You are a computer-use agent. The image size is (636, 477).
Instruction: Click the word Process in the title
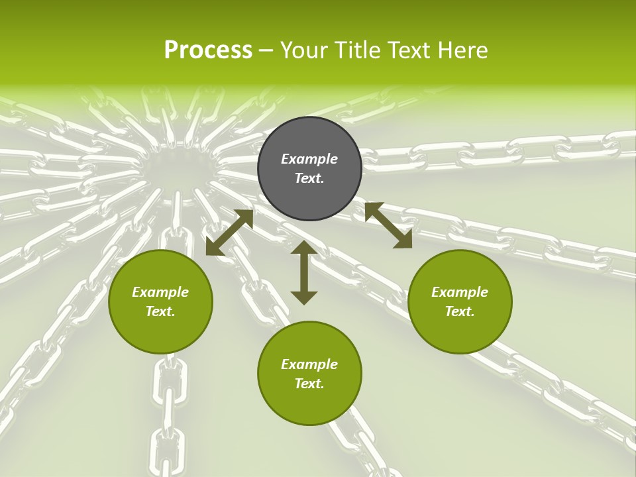208,50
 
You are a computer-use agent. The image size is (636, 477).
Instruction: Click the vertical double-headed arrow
304,272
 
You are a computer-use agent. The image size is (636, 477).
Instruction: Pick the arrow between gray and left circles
229,233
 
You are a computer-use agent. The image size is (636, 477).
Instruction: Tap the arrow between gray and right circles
389,226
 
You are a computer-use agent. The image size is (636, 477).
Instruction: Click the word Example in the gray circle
309,159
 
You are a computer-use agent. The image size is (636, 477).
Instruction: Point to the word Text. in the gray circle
309,178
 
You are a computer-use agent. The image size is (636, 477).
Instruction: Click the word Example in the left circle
160,292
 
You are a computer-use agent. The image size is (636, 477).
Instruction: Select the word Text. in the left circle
160,311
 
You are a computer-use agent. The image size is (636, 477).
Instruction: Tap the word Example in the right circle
460,292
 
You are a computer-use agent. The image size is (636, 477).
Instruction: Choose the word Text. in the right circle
460,311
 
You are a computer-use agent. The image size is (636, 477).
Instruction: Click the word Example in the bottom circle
309,364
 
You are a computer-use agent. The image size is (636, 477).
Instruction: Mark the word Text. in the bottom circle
309,384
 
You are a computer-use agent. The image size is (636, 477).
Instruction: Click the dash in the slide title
266,50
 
